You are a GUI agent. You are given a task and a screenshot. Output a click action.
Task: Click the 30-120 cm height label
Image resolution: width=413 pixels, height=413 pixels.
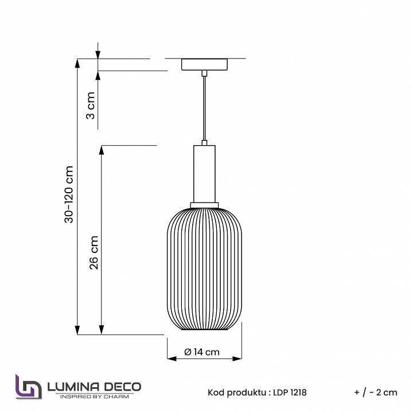69,194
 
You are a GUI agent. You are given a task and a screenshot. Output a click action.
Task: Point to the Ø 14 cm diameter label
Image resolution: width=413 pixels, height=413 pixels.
202,352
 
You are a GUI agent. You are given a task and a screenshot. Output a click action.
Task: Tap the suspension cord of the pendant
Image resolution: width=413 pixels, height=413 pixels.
204,109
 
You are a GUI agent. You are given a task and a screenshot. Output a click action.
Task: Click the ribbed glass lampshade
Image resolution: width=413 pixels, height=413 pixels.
204,270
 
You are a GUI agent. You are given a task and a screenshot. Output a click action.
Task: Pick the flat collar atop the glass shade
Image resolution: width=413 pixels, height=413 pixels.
204,205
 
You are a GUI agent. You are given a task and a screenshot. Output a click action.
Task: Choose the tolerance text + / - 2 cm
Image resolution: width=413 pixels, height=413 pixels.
376,392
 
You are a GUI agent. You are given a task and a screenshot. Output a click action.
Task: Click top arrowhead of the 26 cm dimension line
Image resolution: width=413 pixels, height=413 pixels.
102,150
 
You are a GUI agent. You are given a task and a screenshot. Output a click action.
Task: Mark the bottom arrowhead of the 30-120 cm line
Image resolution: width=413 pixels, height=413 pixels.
77,330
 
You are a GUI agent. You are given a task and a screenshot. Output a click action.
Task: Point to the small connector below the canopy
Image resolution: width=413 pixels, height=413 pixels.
204,73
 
